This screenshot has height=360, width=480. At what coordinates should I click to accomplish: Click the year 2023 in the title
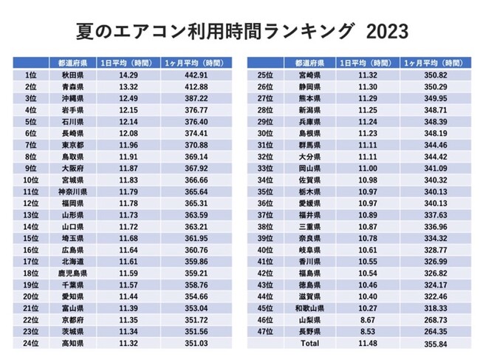tap(387, 31)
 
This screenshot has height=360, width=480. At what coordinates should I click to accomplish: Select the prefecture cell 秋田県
tap(72, 75)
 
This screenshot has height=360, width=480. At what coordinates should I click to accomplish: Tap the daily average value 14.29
tap(128, 75)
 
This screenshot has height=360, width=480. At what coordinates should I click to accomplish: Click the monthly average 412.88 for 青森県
tap(196, 86)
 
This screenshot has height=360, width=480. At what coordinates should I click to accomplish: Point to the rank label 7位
tap(30, 145)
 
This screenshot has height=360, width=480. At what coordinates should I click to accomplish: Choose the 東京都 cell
tap(72, 145)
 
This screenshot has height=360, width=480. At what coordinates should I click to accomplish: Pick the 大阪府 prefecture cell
tap(72, 169)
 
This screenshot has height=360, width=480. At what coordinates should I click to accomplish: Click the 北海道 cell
tap(72, 262)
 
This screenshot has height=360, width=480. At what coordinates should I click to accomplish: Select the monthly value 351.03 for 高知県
tap(196, 344)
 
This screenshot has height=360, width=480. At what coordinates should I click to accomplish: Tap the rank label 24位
tap(30, 344)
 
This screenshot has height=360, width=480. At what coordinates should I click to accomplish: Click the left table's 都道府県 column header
tap(72, 63)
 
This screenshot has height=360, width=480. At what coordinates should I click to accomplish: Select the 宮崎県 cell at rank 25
tap(309, 75)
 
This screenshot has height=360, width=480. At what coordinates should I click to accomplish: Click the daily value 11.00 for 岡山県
tap(368, 169)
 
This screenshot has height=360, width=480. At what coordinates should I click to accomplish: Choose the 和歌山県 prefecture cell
tap(309, 308)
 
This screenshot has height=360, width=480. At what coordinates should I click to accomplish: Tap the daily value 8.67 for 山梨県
tap(368, 320)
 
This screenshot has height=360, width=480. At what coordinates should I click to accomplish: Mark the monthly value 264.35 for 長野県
tap(435, 331)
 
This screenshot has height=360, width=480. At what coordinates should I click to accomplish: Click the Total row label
tap(309, 344)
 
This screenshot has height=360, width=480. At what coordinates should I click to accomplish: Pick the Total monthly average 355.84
tap(435, 344)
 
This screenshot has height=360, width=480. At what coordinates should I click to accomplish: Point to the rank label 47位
tap(265, 331)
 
